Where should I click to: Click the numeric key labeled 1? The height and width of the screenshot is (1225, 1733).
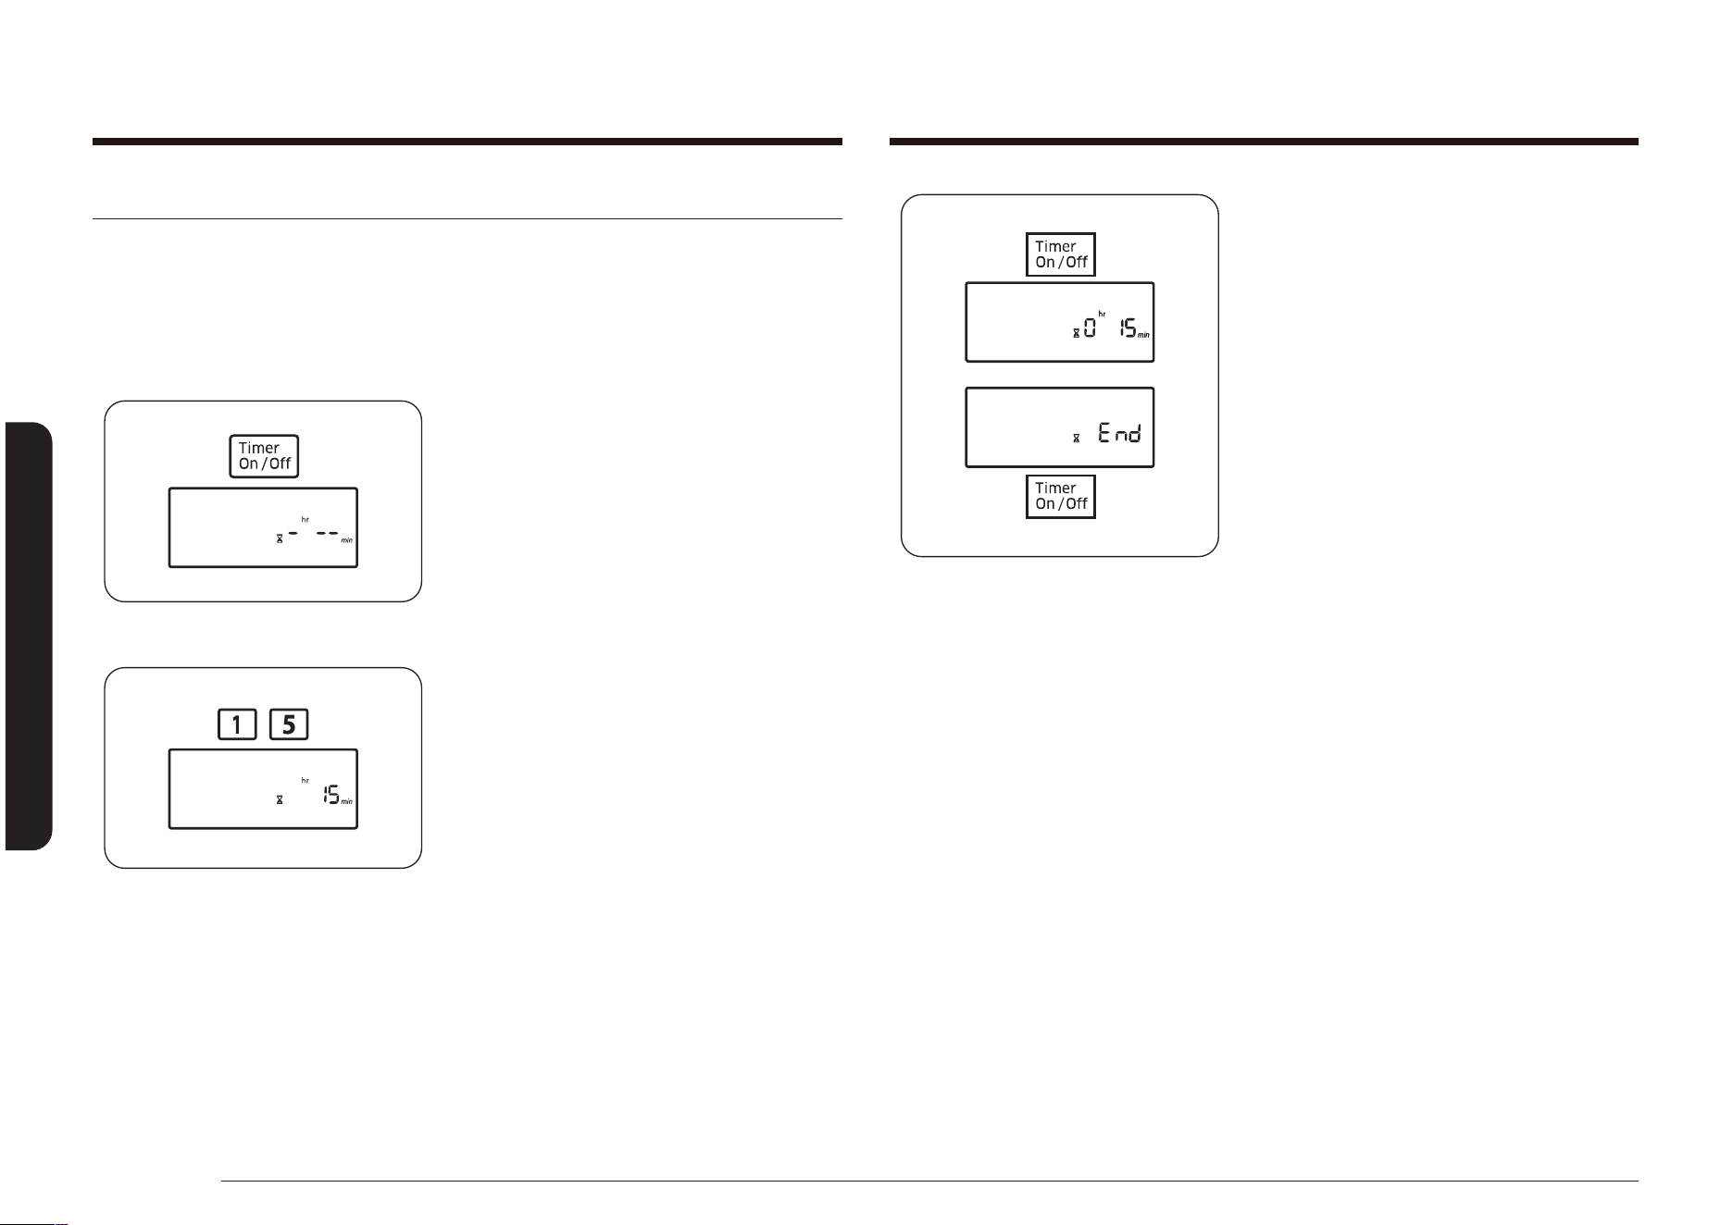click(x=237, y=724)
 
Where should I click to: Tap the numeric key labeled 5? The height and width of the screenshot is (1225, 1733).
click(x=289, y=724)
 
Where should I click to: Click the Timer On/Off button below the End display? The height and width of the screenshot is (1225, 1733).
click(x=1061, y=497)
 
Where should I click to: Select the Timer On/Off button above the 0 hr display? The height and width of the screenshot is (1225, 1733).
click(x=1061, y=254)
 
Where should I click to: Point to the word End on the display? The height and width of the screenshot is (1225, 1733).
click(x=1120, y=432)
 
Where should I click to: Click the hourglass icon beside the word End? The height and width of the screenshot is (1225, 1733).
click(x=1076, y=437)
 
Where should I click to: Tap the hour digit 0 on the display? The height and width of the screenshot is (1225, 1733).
click(x=1090, y=328)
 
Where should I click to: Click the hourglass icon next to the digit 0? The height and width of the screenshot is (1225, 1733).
click(x=1076, y=332)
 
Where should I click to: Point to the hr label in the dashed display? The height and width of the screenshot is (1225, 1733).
click(x=305, y=520)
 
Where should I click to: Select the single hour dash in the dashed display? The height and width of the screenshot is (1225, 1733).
click(x=293, y=534)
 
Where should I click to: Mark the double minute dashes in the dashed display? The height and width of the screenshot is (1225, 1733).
click(x=327, y=534)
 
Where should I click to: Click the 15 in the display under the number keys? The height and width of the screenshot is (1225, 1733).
click(x=330, y=794)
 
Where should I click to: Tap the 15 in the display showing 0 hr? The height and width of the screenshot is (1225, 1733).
click(x=1128, y=328)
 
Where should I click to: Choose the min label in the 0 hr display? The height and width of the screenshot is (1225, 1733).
click(x=1144, y=335)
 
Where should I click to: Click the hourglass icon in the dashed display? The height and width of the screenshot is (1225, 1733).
click(x=279, y=538)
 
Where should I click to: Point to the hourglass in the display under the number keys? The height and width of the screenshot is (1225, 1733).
click(x=279, y=798)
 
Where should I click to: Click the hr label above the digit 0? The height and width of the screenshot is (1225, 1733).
click(x=1102, y=315)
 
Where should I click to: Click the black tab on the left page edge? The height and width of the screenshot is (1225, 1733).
click(x=29, y=637)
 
